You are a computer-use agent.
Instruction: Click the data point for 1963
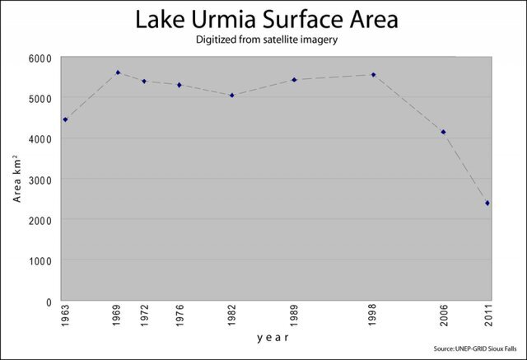[x=65, y=119]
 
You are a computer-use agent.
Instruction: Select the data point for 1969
[x=118, y=72]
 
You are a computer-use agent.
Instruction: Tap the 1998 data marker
[x=373, y=75]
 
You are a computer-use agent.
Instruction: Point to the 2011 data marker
[x=487, y=203]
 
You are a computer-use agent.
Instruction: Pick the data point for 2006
[x=443, y=132]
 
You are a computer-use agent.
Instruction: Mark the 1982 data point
[x=232, y=95]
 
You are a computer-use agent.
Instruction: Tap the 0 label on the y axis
[x=48, y=302]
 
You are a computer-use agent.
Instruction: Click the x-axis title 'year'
[x=273, y=338]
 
